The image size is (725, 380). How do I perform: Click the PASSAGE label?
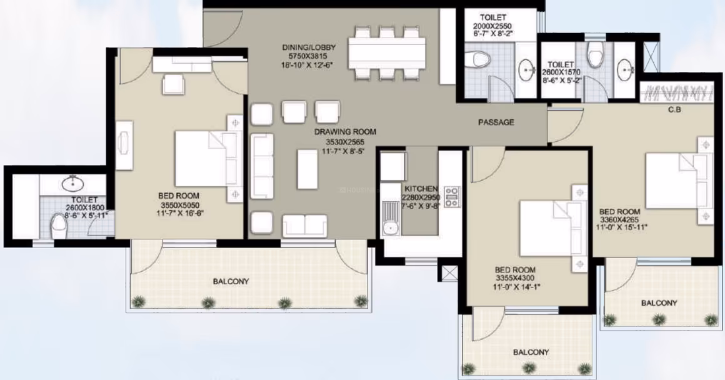click(x=496, y=122)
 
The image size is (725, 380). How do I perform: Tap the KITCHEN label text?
click(x=421, y=189)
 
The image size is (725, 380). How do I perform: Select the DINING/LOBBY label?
click(x=309, y=47)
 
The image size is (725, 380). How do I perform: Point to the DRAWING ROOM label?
click(x=345, y=132)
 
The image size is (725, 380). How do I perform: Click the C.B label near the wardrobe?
click(x=674, y=109)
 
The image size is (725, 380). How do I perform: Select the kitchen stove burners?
click(x=452, y=196)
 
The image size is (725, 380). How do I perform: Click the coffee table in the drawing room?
click(x=307, y=169)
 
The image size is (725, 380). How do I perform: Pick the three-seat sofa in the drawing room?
click(x=262, y=166)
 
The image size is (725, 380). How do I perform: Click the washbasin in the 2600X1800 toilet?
click(x=72, y=183)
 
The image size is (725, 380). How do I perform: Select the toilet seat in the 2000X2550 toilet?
click(x=479, y=59)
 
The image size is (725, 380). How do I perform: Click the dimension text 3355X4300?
click(x=515, y=278)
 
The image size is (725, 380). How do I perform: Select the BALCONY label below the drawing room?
click(x=231, y=281)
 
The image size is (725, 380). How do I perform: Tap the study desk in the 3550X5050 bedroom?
click(x=124, y=145)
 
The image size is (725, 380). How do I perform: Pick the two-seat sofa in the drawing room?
click(x=305, y=226)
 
